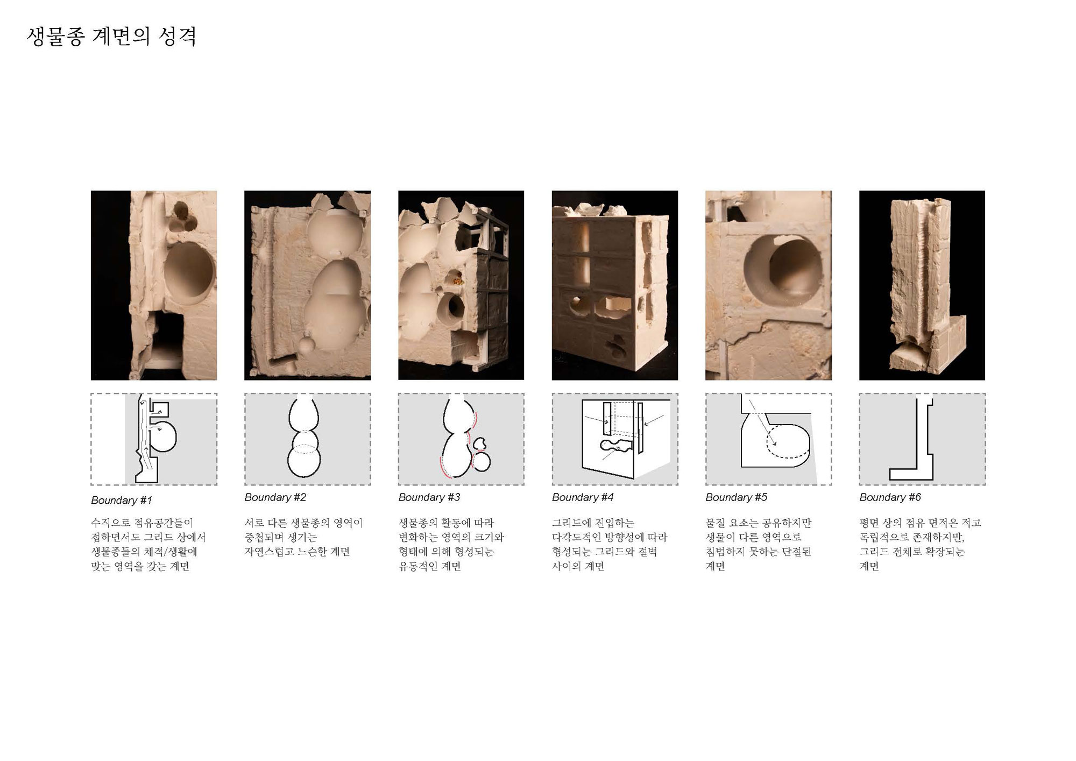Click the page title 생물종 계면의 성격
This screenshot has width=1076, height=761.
coord(111,37)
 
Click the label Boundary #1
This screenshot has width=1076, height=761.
coord(122,501)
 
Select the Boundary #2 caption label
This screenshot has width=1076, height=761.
coord(275,497)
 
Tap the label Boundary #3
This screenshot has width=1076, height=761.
coord(429,497)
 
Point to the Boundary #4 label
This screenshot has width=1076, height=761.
coord(583,497)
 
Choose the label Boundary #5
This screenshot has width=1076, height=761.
coord(736,497)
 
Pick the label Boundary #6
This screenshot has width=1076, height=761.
coord(890,497)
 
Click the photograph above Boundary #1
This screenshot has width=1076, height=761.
coord(154,285)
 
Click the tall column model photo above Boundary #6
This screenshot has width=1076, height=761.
coord(922,285)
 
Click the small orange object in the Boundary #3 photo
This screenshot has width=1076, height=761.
coord(458,279)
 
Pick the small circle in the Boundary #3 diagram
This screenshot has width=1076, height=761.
coord(482,461)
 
